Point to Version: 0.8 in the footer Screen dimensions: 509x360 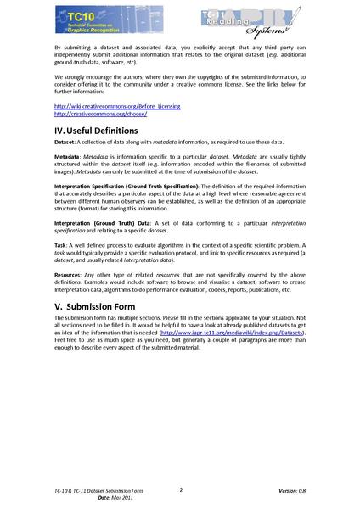[x=295, y=491]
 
